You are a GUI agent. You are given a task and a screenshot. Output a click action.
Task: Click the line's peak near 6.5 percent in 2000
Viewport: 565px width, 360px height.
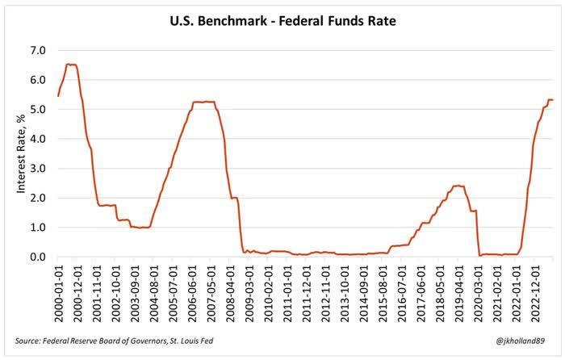(x=71, y=65)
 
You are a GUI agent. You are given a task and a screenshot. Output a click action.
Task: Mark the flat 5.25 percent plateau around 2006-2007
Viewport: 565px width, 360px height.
(x=203, y=102)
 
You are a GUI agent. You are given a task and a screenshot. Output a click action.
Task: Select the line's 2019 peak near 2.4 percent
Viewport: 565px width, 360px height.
(x=458, y=186)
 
